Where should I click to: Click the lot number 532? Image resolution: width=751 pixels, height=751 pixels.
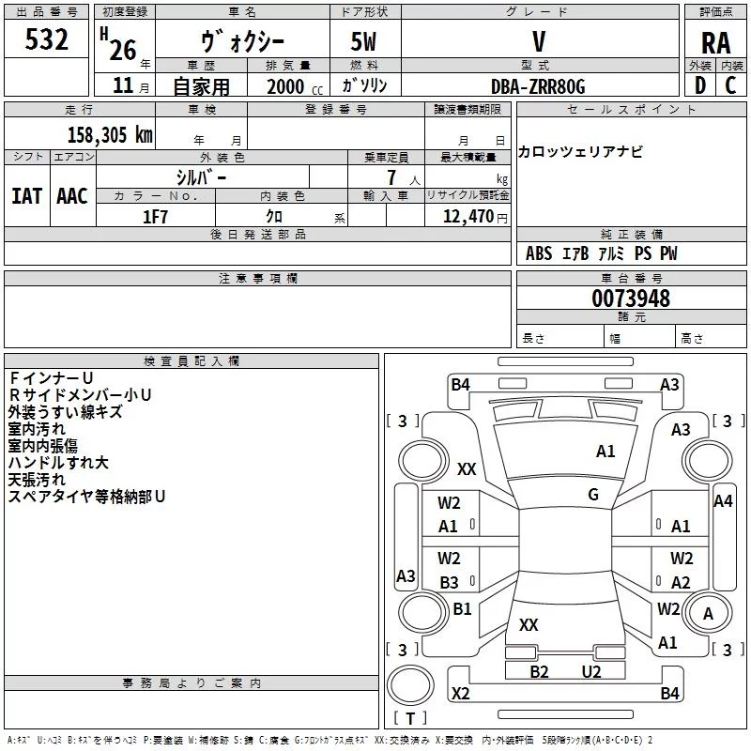pos(48,39)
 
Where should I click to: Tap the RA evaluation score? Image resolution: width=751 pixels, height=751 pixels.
pos(714,42)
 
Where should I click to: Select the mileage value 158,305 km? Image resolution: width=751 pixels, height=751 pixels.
pos(110,134)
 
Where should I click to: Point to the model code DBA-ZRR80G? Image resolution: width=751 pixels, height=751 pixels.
pos(538,86)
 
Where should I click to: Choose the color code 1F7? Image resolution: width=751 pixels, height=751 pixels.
pos(155,217)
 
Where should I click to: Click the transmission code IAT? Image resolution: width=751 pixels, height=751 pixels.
pos(26,195)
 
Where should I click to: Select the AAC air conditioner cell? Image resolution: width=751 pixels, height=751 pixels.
pos(72,195)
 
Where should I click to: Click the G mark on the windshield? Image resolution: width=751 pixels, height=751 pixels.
pos(593,495)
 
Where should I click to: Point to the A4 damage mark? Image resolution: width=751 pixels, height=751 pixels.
pos(723,501)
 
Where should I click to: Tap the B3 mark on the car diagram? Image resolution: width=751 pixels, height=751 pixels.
pos(449,582)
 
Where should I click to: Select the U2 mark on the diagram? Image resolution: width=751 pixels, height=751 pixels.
pos(590,671)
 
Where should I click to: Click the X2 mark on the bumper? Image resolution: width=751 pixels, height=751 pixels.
pos(460,694)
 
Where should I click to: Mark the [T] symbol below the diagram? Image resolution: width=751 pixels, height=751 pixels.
pos(409,718)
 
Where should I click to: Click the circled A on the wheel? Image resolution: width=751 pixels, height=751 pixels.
pos(709,613)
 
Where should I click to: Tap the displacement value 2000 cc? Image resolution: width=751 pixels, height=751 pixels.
pos(293,86)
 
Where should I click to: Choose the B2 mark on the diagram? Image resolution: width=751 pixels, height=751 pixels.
pos(539,671)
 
